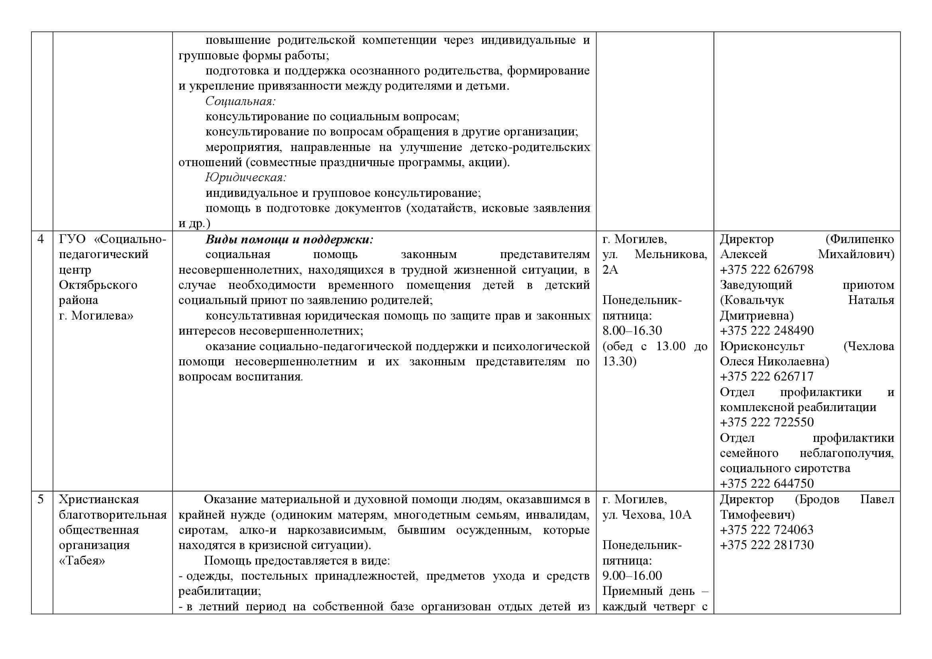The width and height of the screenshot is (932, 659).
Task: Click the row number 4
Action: [x=41, y=239]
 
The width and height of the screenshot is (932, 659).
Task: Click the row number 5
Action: [x=41, y=499]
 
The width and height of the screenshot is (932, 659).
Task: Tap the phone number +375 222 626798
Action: [x=766, y=270]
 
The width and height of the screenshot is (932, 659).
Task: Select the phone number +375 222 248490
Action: [x=766, y=331]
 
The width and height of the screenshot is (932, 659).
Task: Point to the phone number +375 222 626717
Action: [x=766, y=377]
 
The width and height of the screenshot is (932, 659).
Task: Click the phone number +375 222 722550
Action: [x=766, y=422]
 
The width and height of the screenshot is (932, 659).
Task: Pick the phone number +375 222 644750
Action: [x=766, y=484]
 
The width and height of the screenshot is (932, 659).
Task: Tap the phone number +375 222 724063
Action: [x=766, y=530]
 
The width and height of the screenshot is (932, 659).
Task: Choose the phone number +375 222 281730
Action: [x=766, y=545]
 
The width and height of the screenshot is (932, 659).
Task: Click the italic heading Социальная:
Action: [x=241, y=101]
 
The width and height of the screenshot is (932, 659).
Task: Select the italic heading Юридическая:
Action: [x=246, y=178]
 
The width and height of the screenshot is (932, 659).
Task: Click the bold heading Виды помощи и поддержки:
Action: [x=289, y=239]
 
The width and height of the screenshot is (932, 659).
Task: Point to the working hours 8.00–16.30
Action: [x=632, y=331]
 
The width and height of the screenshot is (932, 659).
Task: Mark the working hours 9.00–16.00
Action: [x=632, y=576]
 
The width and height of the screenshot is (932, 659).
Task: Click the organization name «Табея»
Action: [x=82, y=561]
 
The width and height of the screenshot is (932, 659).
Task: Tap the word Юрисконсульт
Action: [x=762, y=346]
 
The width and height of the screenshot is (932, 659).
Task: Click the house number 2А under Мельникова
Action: [x=610, y=270]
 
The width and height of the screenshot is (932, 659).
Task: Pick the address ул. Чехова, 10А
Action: [x=647, y=515]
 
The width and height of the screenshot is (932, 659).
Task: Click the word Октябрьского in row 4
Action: [x=98, y=285]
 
